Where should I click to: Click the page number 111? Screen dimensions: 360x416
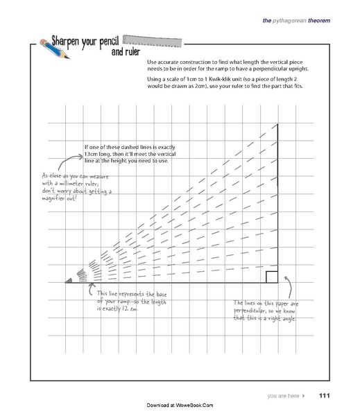[x=323, y=396]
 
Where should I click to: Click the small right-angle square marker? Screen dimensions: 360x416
[x=272, y=277]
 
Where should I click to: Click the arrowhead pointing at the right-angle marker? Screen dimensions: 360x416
[x=285, y=279]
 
